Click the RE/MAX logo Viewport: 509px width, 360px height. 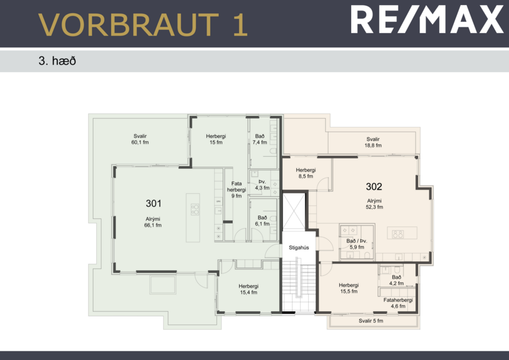(x=427, y=19)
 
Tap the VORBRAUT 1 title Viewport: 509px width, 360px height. (x=143, y=24)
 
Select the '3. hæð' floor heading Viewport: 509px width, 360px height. (x=57, y=60)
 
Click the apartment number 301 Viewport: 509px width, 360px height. (x=153, y=203)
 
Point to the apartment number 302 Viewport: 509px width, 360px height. (x=374, y=186)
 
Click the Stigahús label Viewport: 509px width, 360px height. (x=298, y=247)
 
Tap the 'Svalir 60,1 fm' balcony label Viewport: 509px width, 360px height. (x=140, y=139)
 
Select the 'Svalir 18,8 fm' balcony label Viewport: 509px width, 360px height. (x=373, y=142)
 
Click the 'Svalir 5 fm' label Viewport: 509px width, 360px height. (x=371, y=321)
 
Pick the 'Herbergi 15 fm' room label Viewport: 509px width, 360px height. (x=215, y=139)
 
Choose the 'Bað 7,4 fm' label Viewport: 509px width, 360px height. (x=260, y=139)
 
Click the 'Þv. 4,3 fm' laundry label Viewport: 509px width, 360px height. (x=262, y=185)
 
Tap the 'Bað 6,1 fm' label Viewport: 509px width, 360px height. (x=262, y=220)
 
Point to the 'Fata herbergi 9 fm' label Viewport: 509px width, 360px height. (x=236, y=190)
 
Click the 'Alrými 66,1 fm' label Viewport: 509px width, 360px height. (x=153, y=222)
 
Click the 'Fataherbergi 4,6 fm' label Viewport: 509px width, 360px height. (x=398, y=303)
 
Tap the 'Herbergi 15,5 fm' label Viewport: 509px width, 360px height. (x=348, y=288)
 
